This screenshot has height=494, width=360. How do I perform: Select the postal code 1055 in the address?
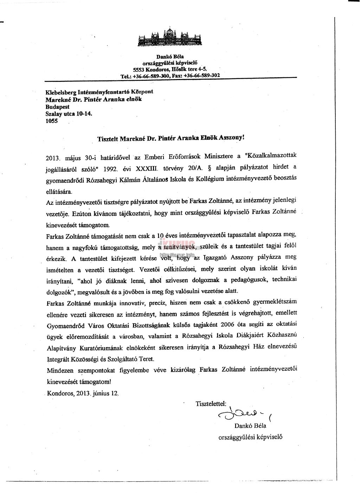coord(52,121)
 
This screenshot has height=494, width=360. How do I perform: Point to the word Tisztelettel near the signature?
coord(211,403)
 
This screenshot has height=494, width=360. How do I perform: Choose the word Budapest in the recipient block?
coord(58,106)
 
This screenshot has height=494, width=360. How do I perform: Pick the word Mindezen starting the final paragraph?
coord(59,370)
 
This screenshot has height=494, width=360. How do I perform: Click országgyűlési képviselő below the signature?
coord(250,437)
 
